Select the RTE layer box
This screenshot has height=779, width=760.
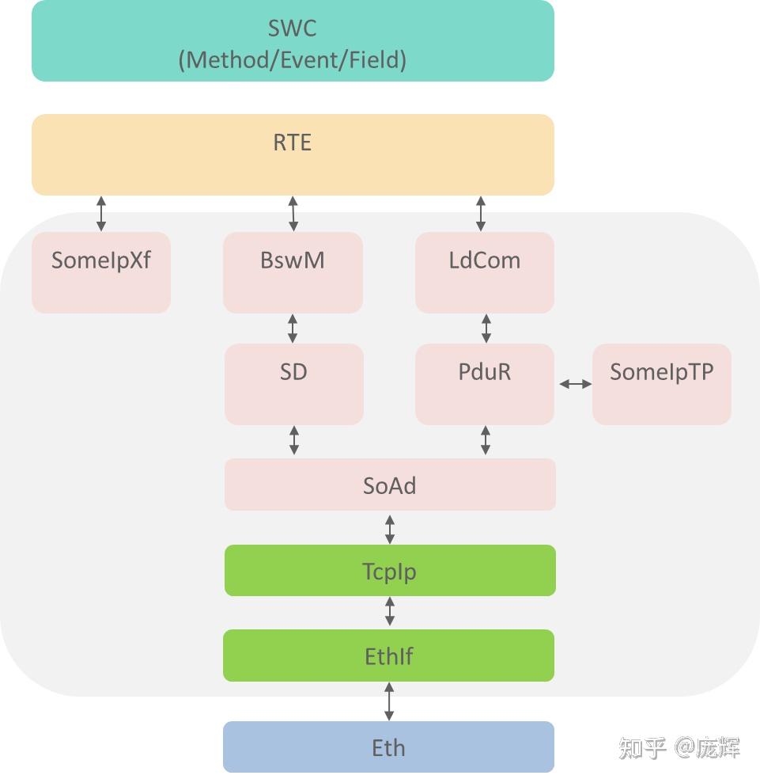(x=293, y=154)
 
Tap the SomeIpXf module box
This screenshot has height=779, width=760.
(x=101, y=272)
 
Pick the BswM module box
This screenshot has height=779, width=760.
(x=293, y=272)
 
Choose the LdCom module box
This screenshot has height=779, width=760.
(x=484, y=272)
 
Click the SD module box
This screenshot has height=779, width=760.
(x=293, y=384)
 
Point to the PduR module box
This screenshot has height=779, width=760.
(x=484, y=384)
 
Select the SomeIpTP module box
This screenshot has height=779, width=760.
(x=661, y=384)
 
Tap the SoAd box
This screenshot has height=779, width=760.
(x=390, y=484)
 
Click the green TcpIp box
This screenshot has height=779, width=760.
(x=390, y=570)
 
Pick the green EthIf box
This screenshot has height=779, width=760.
(x=388, y=655)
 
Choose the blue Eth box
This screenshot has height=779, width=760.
(x=388, y=747)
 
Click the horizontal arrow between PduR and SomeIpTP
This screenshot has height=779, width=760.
(x=575, y=384)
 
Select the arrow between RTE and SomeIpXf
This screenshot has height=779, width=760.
(x=101, y=214)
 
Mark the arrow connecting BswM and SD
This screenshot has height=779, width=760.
(x=293, y=328)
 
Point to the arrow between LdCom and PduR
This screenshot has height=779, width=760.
(x=486, y=328)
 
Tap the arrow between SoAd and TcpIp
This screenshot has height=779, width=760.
(x=390, y=527)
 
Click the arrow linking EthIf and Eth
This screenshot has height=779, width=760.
(x=388, y=701)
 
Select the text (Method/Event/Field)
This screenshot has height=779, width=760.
(x=293, y=59)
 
